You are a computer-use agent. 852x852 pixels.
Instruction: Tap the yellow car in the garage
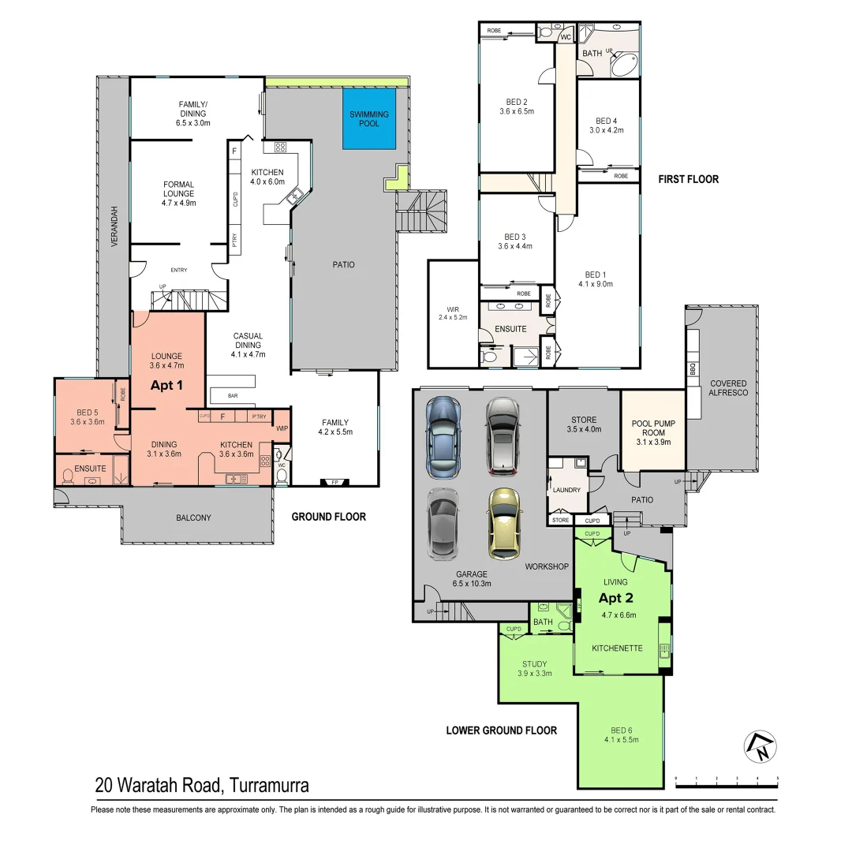coord(504,524)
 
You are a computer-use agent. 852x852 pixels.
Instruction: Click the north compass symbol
coord(760,746)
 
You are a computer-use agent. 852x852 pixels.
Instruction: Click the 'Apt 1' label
coord(167,386)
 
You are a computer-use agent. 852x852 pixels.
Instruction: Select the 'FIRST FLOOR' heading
coord(688,179)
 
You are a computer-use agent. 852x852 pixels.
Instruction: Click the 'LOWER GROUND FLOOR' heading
coord(501,731)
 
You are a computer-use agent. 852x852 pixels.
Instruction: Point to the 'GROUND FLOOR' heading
coord(328,517)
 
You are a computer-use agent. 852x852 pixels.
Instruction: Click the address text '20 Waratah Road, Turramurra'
coord(201,785)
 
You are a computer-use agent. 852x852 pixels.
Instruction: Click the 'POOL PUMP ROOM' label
coord(652,428)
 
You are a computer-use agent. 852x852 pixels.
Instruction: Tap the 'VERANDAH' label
coord(114,226)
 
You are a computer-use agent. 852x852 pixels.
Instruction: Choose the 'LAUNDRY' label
coord(567,490)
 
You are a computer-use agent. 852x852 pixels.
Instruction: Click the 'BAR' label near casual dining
coord(233,395)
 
